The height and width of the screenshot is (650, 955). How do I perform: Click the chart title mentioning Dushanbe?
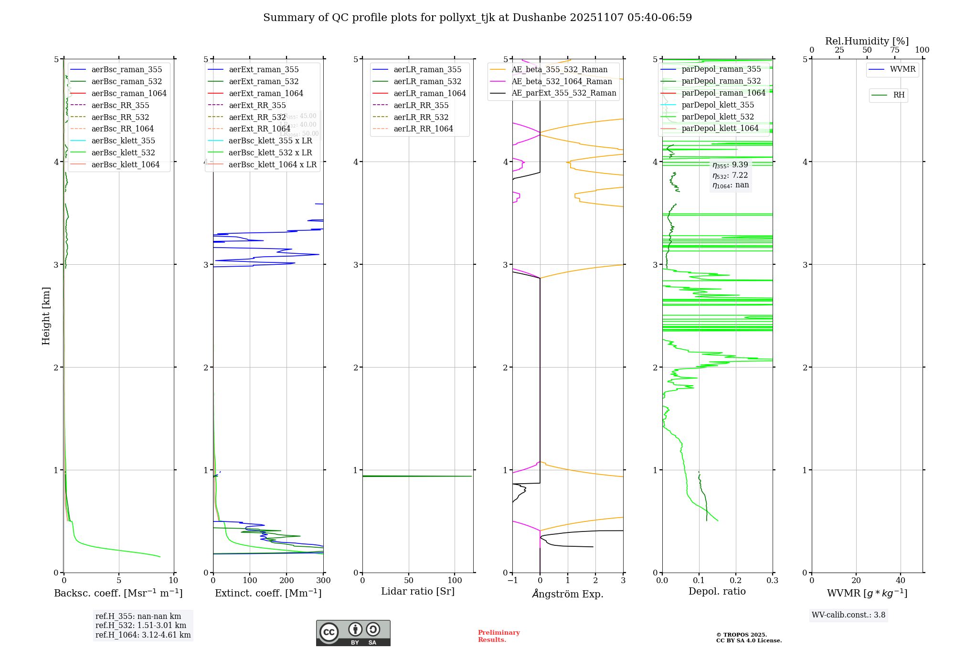point(477,18)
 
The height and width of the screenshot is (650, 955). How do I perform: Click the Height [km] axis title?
point(46,316)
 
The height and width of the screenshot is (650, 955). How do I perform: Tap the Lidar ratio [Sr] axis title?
point(418,592)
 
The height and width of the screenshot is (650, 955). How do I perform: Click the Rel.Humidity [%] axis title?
point(867,41)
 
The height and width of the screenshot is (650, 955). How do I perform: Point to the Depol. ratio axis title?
point(717,592)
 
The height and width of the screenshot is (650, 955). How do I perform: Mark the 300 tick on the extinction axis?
point(324,581)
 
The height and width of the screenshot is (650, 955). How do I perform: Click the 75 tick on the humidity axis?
point(894,50)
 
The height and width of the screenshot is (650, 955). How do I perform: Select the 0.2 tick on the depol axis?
point(736,581)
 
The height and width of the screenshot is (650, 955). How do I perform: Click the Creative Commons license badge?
point(353,633)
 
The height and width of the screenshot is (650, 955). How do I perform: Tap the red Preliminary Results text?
point(499,636)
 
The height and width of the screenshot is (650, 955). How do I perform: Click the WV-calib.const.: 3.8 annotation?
point(849,615)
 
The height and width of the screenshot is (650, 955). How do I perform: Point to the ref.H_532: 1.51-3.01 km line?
point(141,626)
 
